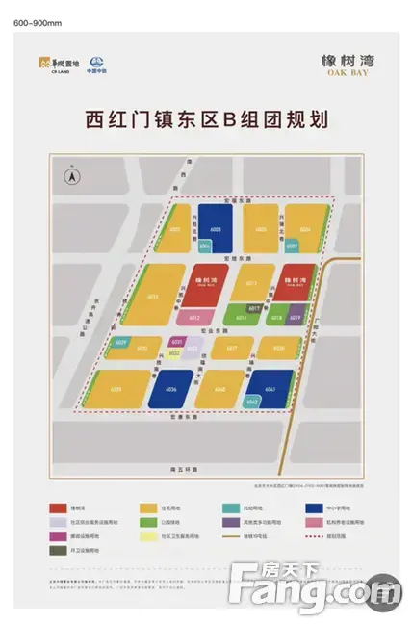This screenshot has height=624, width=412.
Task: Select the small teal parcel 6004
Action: coord(205,246)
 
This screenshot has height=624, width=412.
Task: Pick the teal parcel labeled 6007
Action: coord(292,246)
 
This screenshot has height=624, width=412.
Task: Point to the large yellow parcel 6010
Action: coord(154,296)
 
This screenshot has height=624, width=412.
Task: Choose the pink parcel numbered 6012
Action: coord(195,317)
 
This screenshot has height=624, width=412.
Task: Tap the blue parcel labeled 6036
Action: coord(170,388)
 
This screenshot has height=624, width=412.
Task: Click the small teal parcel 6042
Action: coord(253,403)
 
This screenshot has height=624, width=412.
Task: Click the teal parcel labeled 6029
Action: coord(121,344)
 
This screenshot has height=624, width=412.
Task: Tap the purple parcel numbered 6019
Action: coord(296,314)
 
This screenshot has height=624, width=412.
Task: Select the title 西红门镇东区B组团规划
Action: coord(206,121)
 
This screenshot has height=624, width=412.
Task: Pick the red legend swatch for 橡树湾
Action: coord(58,506)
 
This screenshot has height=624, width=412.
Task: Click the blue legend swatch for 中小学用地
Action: coord(314,506)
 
